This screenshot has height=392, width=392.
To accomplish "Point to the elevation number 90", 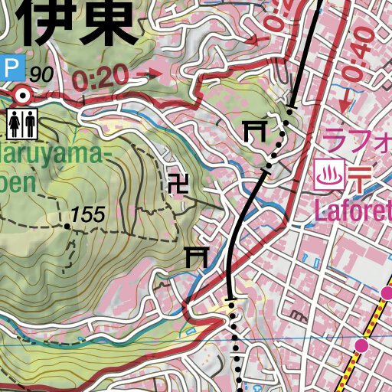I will [x=43, y=75].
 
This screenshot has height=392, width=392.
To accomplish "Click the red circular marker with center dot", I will [x=24, y=96].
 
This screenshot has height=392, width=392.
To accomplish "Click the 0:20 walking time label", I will [x=102, y=77].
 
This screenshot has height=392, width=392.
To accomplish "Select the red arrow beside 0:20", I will [x=153, y=74].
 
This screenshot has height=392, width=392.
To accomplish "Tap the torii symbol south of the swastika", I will [x=197, y=256].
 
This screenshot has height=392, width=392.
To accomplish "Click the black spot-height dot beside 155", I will [x=67, y=227].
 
